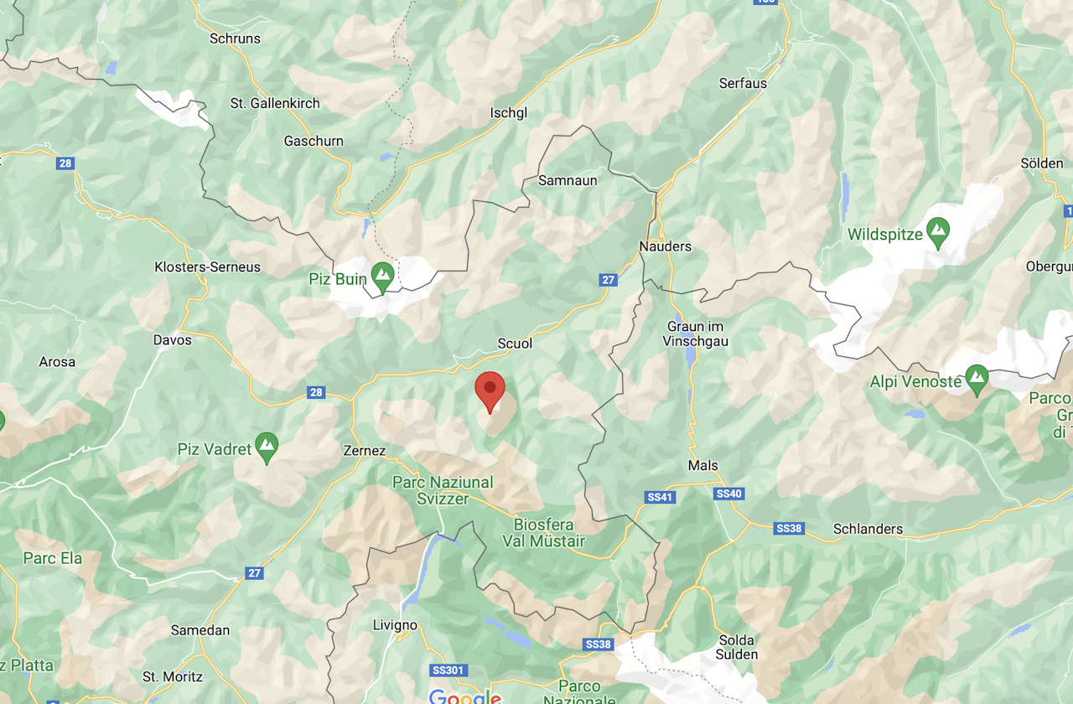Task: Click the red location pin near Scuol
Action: point(490,390)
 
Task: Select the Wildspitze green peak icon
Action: point(937,231)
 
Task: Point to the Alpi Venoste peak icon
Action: point(976,379)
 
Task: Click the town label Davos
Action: point(173,340)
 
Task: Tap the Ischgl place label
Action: point(509,113)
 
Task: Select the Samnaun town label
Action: point(568,180)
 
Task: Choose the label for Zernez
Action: point(365,451)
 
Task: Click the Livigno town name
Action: point(395,625)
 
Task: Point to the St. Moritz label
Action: point(173,676)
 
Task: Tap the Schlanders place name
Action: point(868,529)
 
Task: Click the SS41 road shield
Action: point(661,497)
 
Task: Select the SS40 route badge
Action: point(729,494)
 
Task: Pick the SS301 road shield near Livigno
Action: point(447,670)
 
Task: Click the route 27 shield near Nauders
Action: point(609,280)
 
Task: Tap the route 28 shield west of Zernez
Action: point(315,392)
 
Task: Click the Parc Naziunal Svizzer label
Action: point(443,490)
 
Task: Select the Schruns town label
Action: point(235,39)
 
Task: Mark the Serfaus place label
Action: point(743,83)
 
